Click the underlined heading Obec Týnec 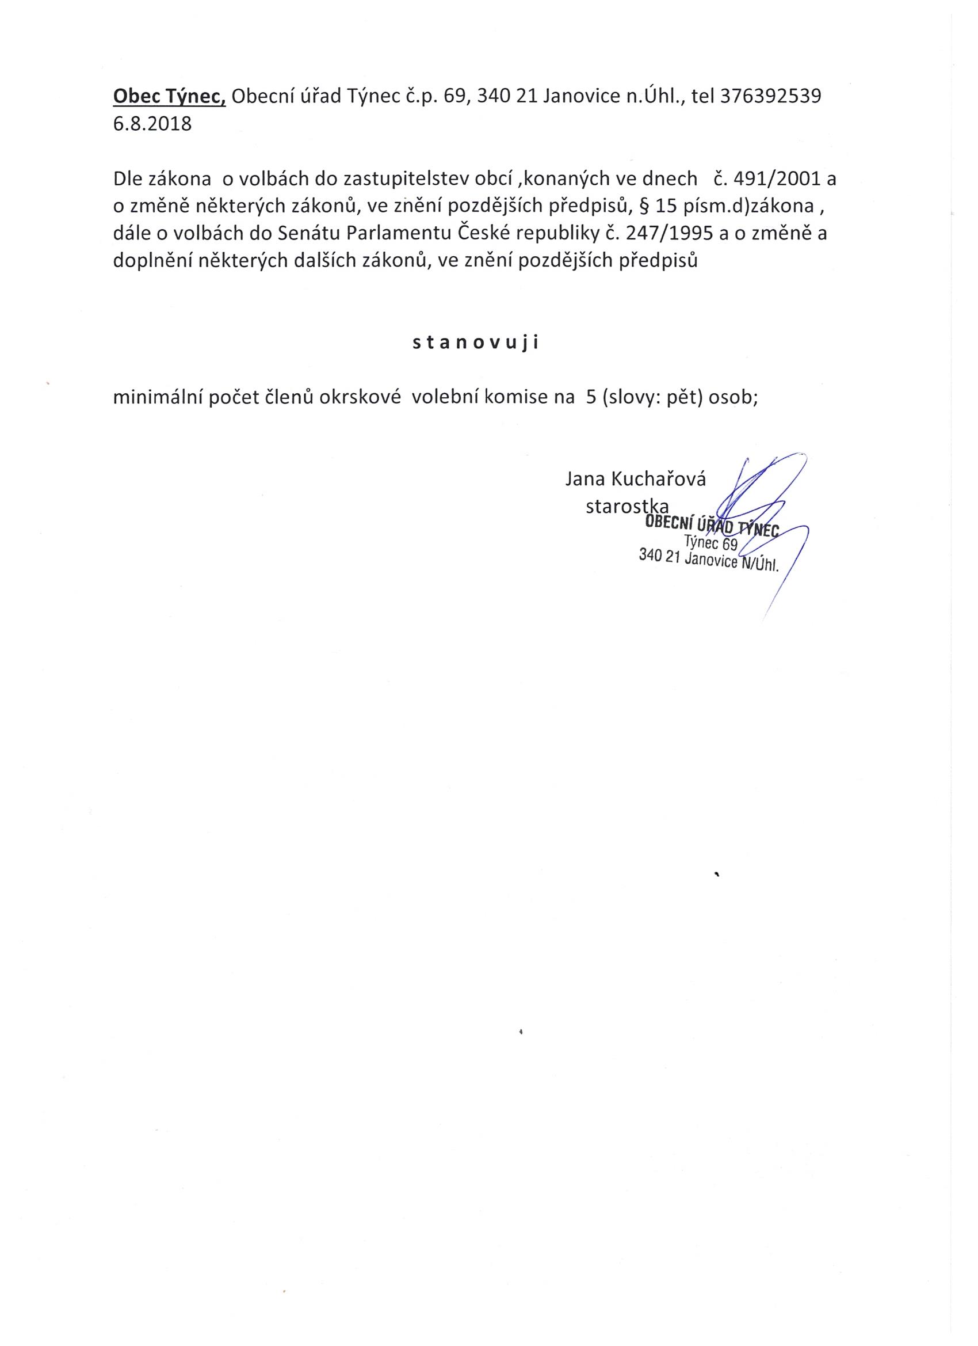pyautogui.click(x=170, y=96)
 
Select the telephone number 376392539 pyautogui.click(x=770, y=96)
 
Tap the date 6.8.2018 pyautogui.click(x=152, y=124)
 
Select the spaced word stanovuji pyautogui.click(x=476, y=344)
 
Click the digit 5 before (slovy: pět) pyautogui.click(x=591, y=398)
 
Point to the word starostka pyautogui.click(x=627, y=506)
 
